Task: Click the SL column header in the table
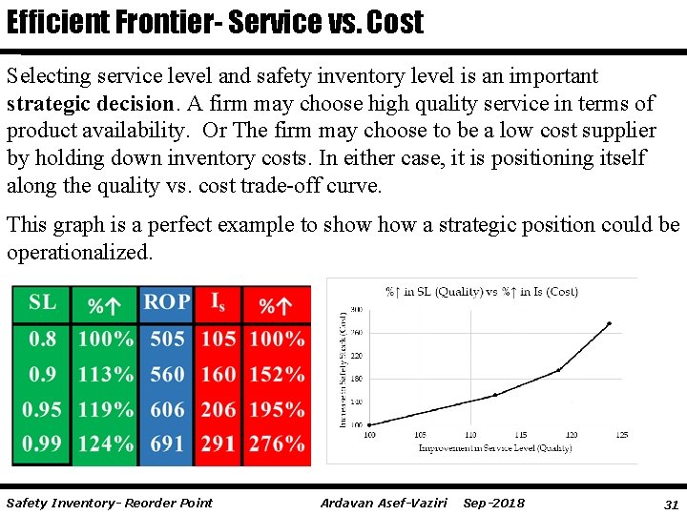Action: [42, 303]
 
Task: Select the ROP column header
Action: [166, 303]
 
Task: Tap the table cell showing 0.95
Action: [42, 409]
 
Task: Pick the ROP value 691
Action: [167, 444]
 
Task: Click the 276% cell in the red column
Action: [277, 444]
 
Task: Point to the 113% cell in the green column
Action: [106, 374]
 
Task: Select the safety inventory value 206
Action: [219, 409]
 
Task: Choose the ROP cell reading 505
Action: [167, 339]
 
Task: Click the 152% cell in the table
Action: [277, 374]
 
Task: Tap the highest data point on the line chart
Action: [610, 323]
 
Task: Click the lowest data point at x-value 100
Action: [370, 424]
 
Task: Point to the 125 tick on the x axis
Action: [621, 435]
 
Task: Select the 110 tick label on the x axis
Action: [470, 435]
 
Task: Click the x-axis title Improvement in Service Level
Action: [495, 446]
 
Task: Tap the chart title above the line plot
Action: [481, 292]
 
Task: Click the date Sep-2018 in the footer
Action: [493, 503]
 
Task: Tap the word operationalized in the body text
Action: [79, 253]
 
